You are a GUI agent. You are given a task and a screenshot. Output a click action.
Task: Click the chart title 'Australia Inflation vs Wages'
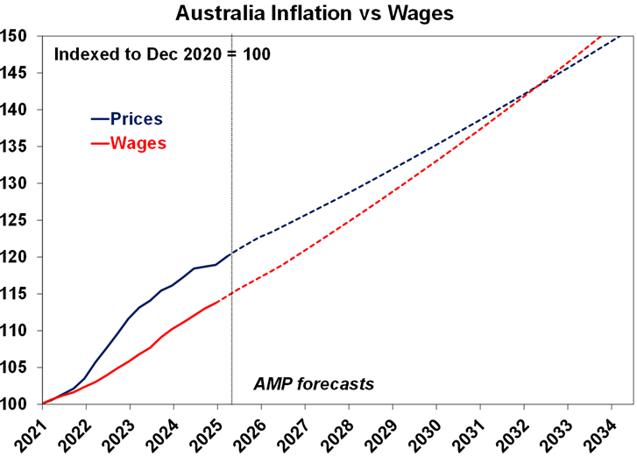click(317, 14)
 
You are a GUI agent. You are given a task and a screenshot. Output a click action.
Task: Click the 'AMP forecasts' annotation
click(314, 383)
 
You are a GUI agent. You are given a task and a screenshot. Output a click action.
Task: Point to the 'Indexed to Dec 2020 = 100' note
click(162, 54)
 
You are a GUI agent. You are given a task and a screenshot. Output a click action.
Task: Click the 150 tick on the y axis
click(18, 36)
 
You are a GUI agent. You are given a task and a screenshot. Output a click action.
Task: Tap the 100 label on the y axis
click(18, 404)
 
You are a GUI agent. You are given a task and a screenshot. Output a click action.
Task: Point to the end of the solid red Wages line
click(220, 301)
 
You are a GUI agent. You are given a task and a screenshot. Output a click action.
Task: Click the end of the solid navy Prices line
click(230, 253)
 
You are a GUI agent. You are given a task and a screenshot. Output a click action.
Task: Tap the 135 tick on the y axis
click(18, 146)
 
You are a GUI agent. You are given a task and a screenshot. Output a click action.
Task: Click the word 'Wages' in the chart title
click(428, 14)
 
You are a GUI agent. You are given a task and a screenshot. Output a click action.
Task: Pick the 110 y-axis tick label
click(18, 331)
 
